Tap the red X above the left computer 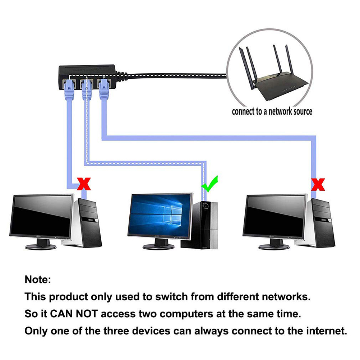83,184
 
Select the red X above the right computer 318,184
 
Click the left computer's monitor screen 42,216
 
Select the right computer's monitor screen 275,216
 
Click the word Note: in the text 38,280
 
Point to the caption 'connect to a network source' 272,111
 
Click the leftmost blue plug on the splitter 68,88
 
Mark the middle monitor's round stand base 158,246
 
